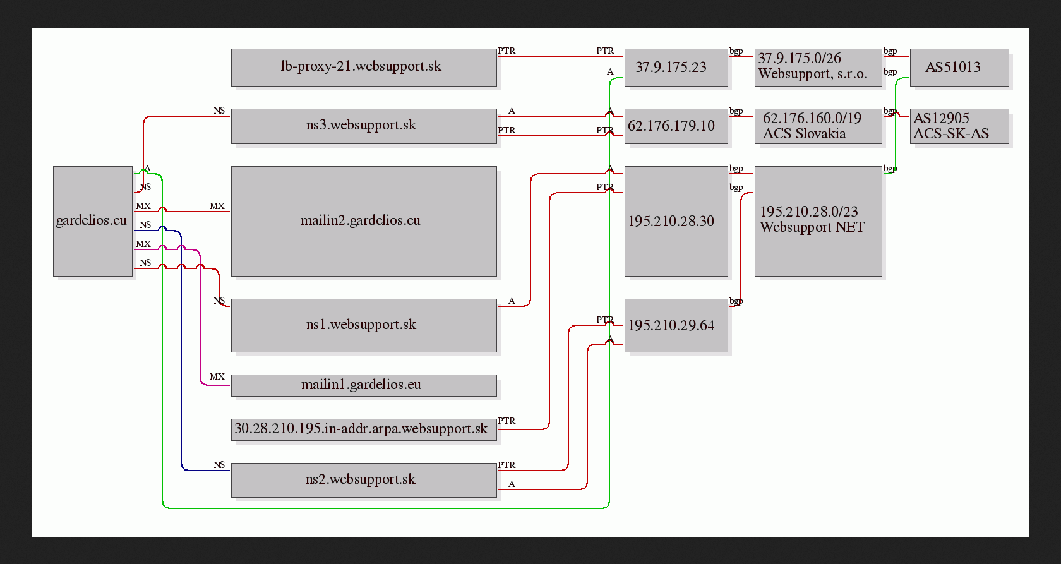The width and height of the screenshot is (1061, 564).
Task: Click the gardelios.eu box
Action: [93, 221]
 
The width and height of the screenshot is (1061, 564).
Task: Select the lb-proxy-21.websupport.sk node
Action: [364, 67]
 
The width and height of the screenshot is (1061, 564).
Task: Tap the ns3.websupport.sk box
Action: [364, 126]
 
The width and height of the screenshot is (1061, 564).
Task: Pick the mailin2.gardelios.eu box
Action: [364, 221]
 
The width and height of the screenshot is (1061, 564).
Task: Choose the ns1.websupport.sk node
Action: [364, 325]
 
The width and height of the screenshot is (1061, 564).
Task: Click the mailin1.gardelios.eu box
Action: [364, 385]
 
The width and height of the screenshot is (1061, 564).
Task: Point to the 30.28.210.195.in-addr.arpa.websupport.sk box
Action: [364, 429]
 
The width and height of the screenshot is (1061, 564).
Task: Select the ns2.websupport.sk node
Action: [364, 480]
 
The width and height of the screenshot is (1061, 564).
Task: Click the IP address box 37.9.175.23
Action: [676, 67]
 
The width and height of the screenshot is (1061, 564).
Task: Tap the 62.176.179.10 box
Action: [676, 126]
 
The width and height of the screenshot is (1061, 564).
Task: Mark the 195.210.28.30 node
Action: [676, 221]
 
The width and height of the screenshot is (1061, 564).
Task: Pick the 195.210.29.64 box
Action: [676, 325]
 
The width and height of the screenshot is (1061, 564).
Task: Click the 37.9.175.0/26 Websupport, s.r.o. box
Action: [818, 67]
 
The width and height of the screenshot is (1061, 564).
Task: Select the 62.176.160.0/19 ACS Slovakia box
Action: [818, 126]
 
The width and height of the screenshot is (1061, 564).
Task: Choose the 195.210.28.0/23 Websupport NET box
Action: [818, 221]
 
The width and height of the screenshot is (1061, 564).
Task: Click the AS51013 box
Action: [960, 67]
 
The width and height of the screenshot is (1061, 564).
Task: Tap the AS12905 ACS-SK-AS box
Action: [960, 126]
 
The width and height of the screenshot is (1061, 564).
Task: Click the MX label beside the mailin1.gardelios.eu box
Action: [217, 376]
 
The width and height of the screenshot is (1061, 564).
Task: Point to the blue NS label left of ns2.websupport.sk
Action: [219, 465]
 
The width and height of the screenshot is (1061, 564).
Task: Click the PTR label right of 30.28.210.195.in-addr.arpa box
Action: [507, 421]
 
